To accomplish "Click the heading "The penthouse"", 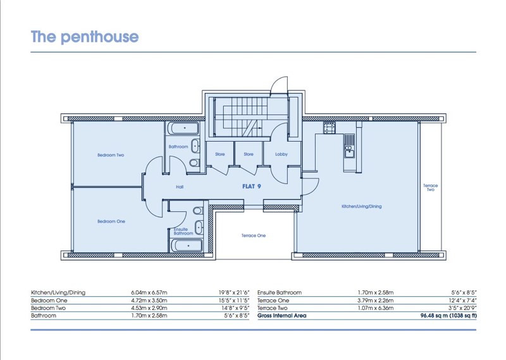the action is tap(85, 37).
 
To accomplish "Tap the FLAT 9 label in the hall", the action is tap(251, 186).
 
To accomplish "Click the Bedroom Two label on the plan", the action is tap(111, 155).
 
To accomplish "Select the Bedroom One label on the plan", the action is tap(111, 221).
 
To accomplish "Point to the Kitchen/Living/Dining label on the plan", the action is tap(361, 206).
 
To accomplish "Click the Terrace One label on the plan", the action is tap(254, 235).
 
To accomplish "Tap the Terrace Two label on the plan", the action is tap(431, 187).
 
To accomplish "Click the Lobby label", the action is tap(281, 154).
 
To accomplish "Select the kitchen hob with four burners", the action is tap(330, 128).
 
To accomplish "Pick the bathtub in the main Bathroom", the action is tap(185, 128).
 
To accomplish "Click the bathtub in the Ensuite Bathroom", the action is tap(187, 245).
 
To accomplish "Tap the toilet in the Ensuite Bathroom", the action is tap(198, 211).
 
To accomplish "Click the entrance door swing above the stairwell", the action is tap(279, 85).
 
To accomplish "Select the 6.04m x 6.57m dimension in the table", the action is tap(149, 292).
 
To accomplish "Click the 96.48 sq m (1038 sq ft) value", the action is tap(448, 316).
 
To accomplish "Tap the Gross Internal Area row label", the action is tap(281, 316).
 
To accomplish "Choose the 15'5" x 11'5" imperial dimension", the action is tap(234, 301).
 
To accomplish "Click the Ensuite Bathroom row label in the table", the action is tap(280, 292).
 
